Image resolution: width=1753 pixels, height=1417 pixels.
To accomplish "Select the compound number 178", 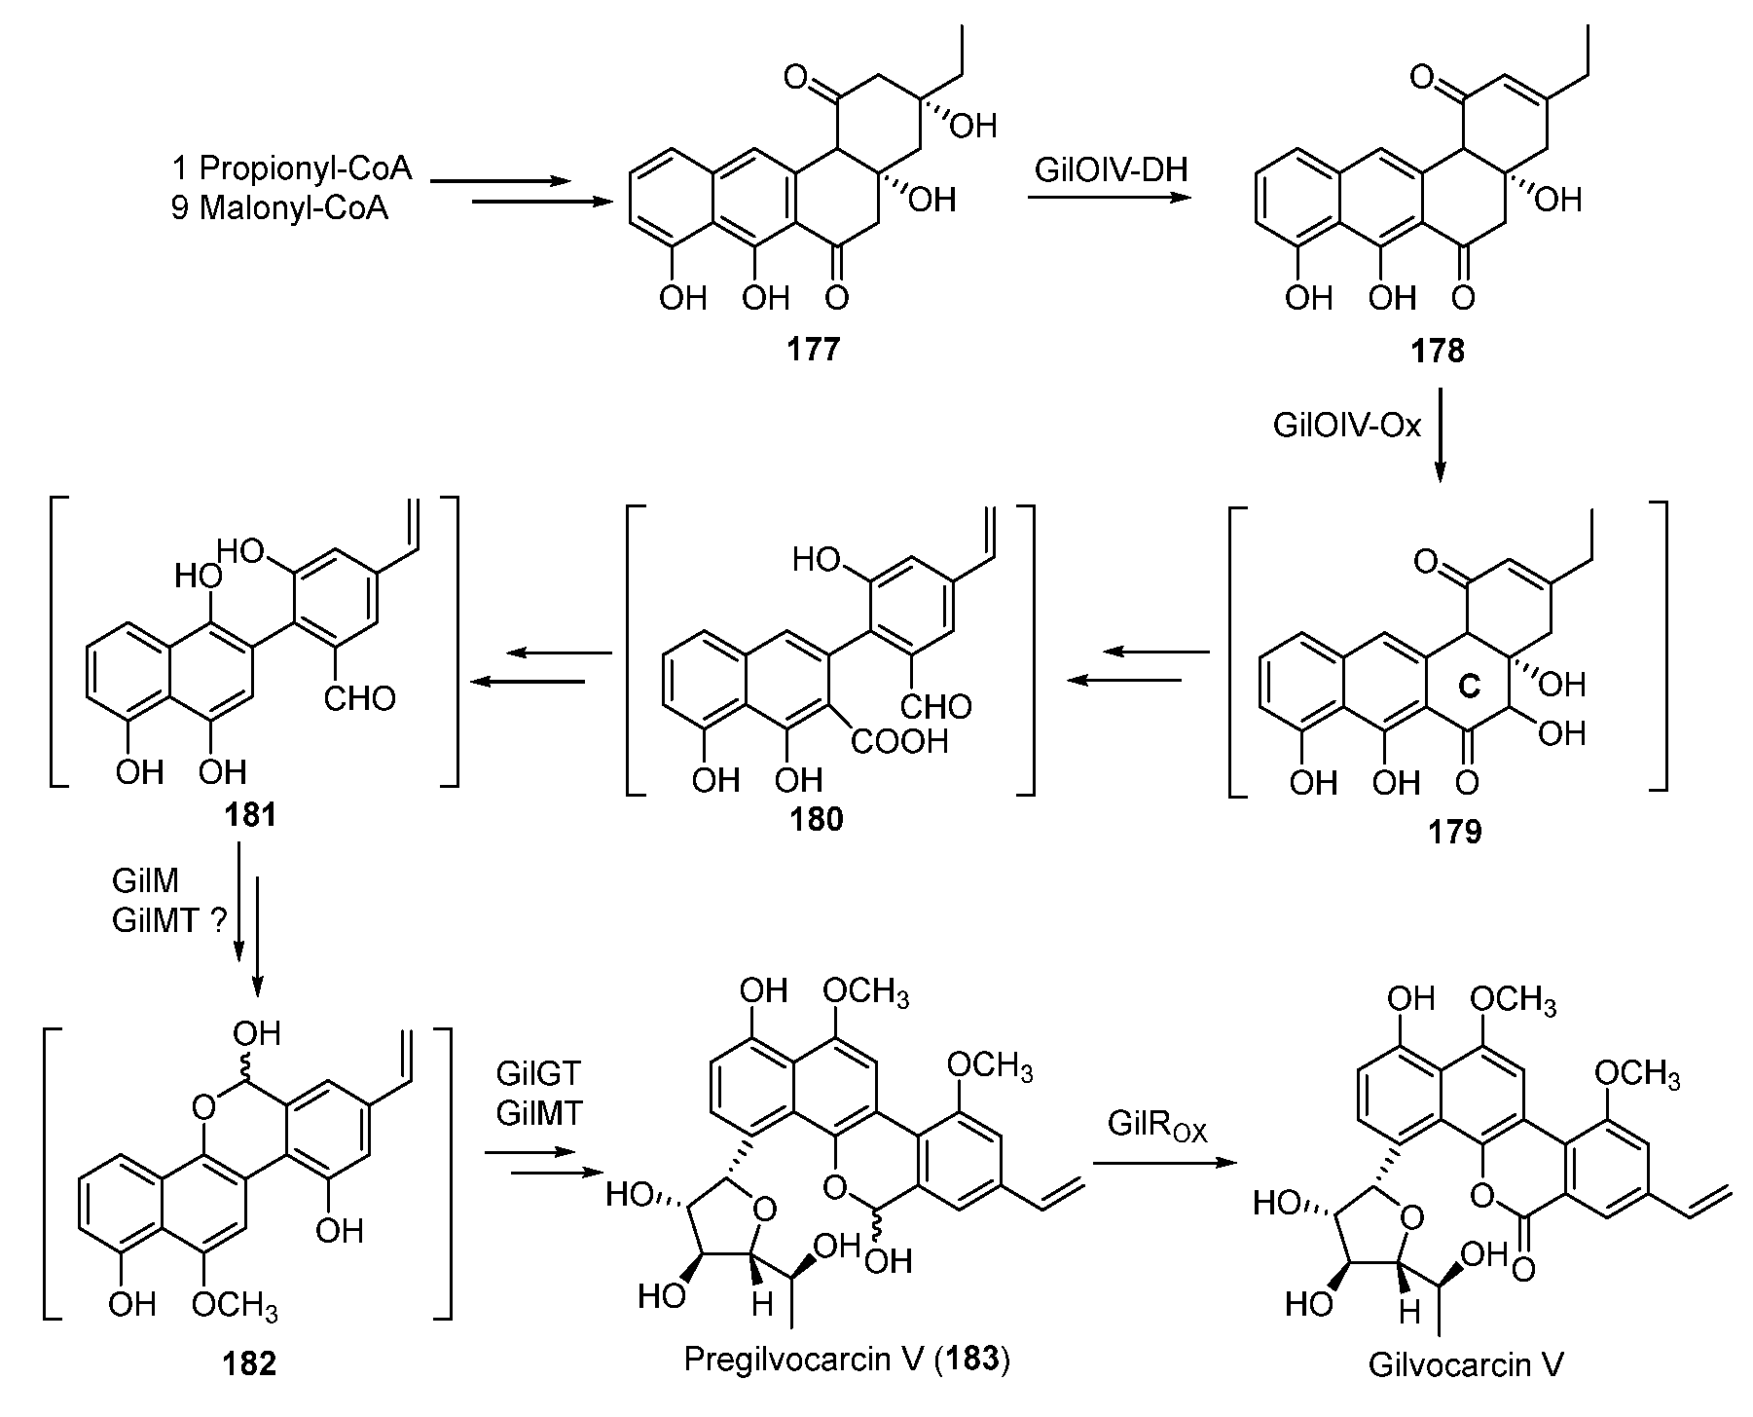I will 1438,350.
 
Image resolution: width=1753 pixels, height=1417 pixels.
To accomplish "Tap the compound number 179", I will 1455,832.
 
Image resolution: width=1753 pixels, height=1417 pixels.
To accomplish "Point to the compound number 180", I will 816,819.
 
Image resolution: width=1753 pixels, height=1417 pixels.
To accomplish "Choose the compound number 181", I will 250,813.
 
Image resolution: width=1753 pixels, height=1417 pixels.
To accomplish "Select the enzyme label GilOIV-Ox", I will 1347,426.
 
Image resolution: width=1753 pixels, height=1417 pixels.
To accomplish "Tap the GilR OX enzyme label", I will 1156,1126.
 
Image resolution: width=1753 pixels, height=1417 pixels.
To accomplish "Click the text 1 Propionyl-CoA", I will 293,168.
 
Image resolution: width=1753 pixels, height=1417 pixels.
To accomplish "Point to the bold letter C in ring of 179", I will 1470,686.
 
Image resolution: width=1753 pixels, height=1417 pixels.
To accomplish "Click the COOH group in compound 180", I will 900,743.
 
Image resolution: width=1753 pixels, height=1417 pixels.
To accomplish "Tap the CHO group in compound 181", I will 360,697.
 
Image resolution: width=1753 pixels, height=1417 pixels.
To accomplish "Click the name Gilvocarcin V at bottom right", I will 1466,1364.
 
